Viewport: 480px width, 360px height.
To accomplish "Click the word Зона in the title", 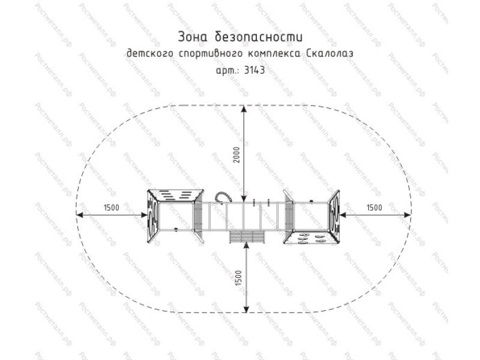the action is [193, 37].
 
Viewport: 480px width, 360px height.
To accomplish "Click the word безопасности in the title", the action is [259, 37].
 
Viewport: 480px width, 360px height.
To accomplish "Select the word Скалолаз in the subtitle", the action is [329, 53].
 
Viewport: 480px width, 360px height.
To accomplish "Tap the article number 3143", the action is [254, 70].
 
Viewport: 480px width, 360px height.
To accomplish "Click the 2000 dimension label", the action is [237, 155].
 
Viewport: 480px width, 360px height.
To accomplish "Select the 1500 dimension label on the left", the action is [112, 208].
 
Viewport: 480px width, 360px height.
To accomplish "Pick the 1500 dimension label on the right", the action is [374, 208].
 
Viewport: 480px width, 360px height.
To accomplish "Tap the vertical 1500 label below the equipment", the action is [238, 278].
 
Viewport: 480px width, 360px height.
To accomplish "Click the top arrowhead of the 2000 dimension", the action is [244, 109].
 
